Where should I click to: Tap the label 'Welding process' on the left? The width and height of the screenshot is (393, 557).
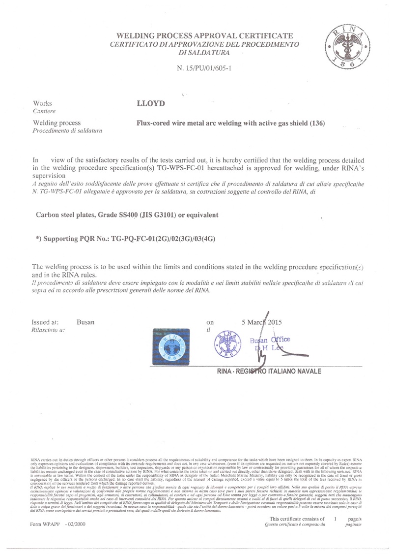click(56, 123)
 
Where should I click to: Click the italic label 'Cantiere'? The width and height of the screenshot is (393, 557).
click(44, 112)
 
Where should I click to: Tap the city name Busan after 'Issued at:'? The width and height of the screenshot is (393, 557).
click(85, 322)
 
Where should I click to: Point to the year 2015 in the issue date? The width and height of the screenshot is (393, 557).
click(281, 322)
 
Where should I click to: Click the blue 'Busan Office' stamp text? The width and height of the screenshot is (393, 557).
click(270, 340)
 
